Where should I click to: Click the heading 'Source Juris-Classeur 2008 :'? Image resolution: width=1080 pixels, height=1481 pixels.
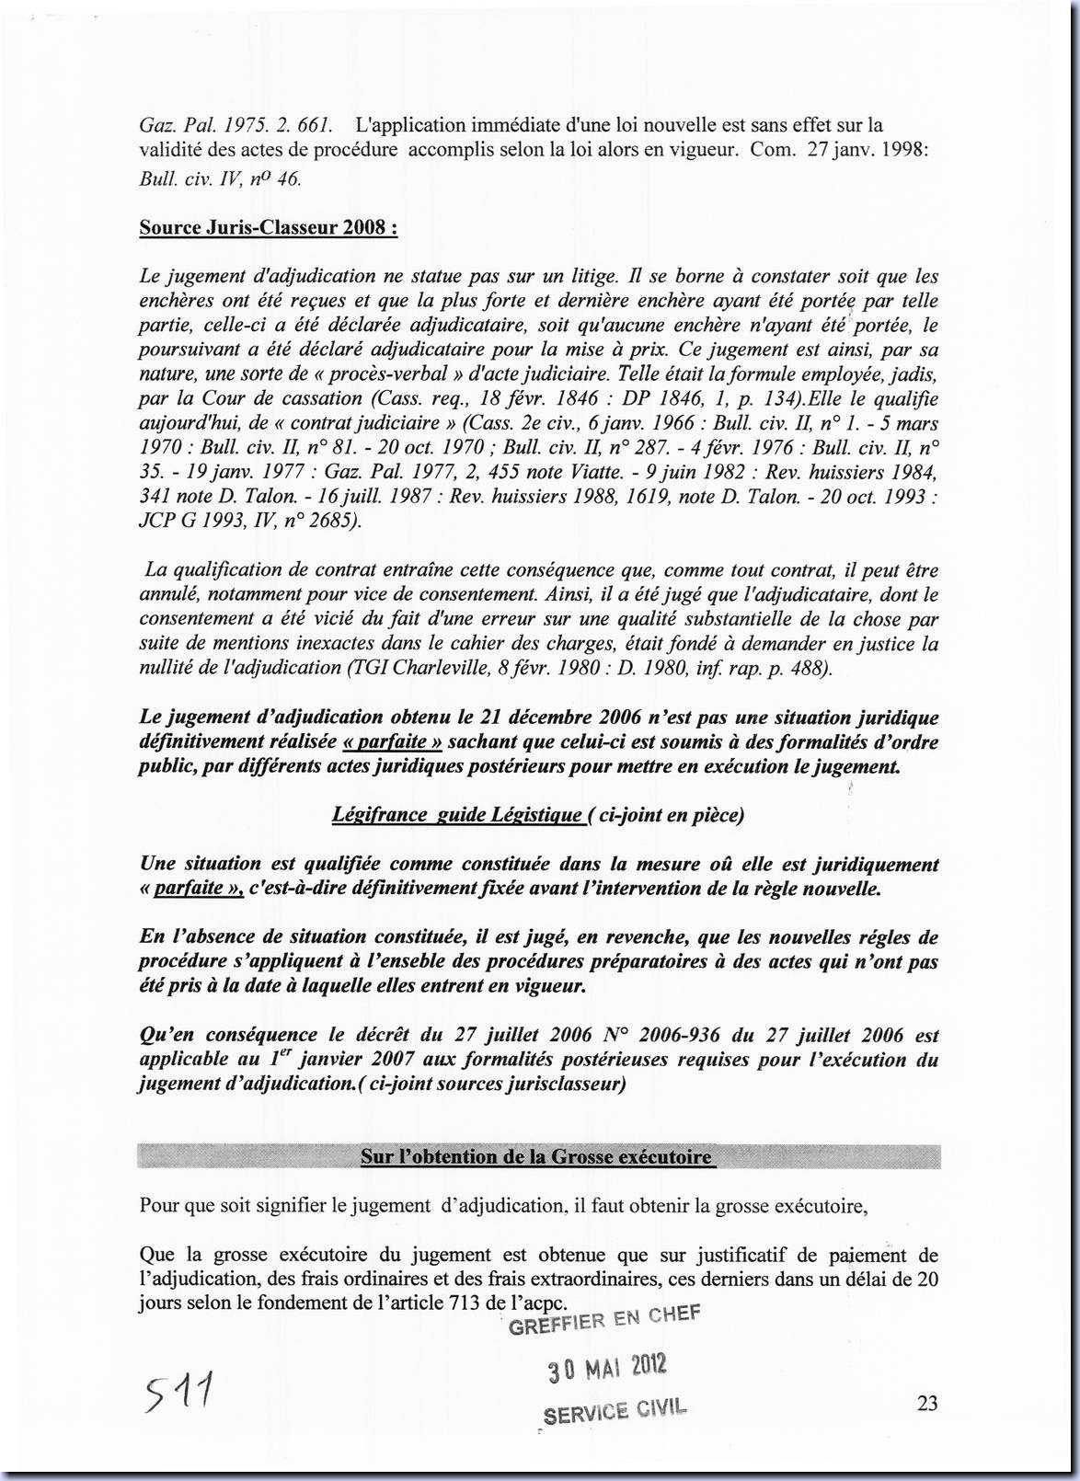pos(268,227)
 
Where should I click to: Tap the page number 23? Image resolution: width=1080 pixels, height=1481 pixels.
pos(927,1403)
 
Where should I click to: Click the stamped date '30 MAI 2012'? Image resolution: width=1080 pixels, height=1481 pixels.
pos(607,1368)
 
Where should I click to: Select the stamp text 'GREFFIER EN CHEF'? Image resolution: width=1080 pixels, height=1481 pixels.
pos(603,1321)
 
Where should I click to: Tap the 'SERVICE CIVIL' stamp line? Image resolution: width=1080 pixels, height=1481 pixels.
pos(615,1411)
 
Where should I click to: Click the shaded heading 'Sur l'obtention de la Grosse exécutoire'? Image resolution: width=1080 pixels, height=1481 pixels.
pos(537,1156)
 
